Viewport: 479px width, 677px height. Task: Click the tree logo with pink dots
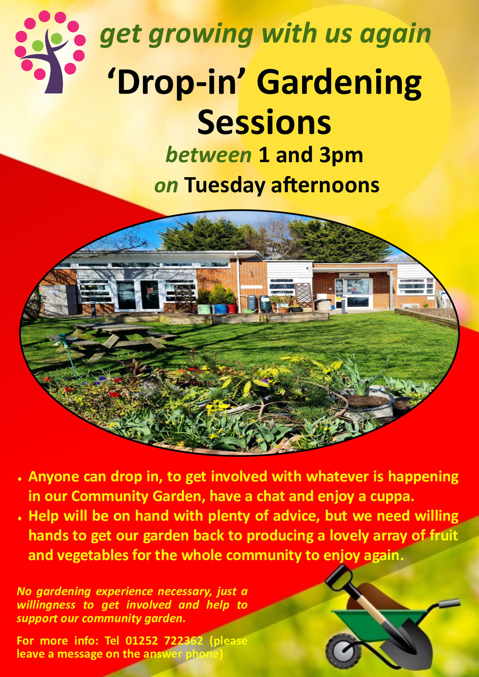[50, 51]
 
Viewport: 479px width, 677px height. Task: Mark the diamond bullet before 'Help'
[20, 518]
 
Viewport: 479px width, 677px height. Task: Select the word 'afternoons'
[325, 185]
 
